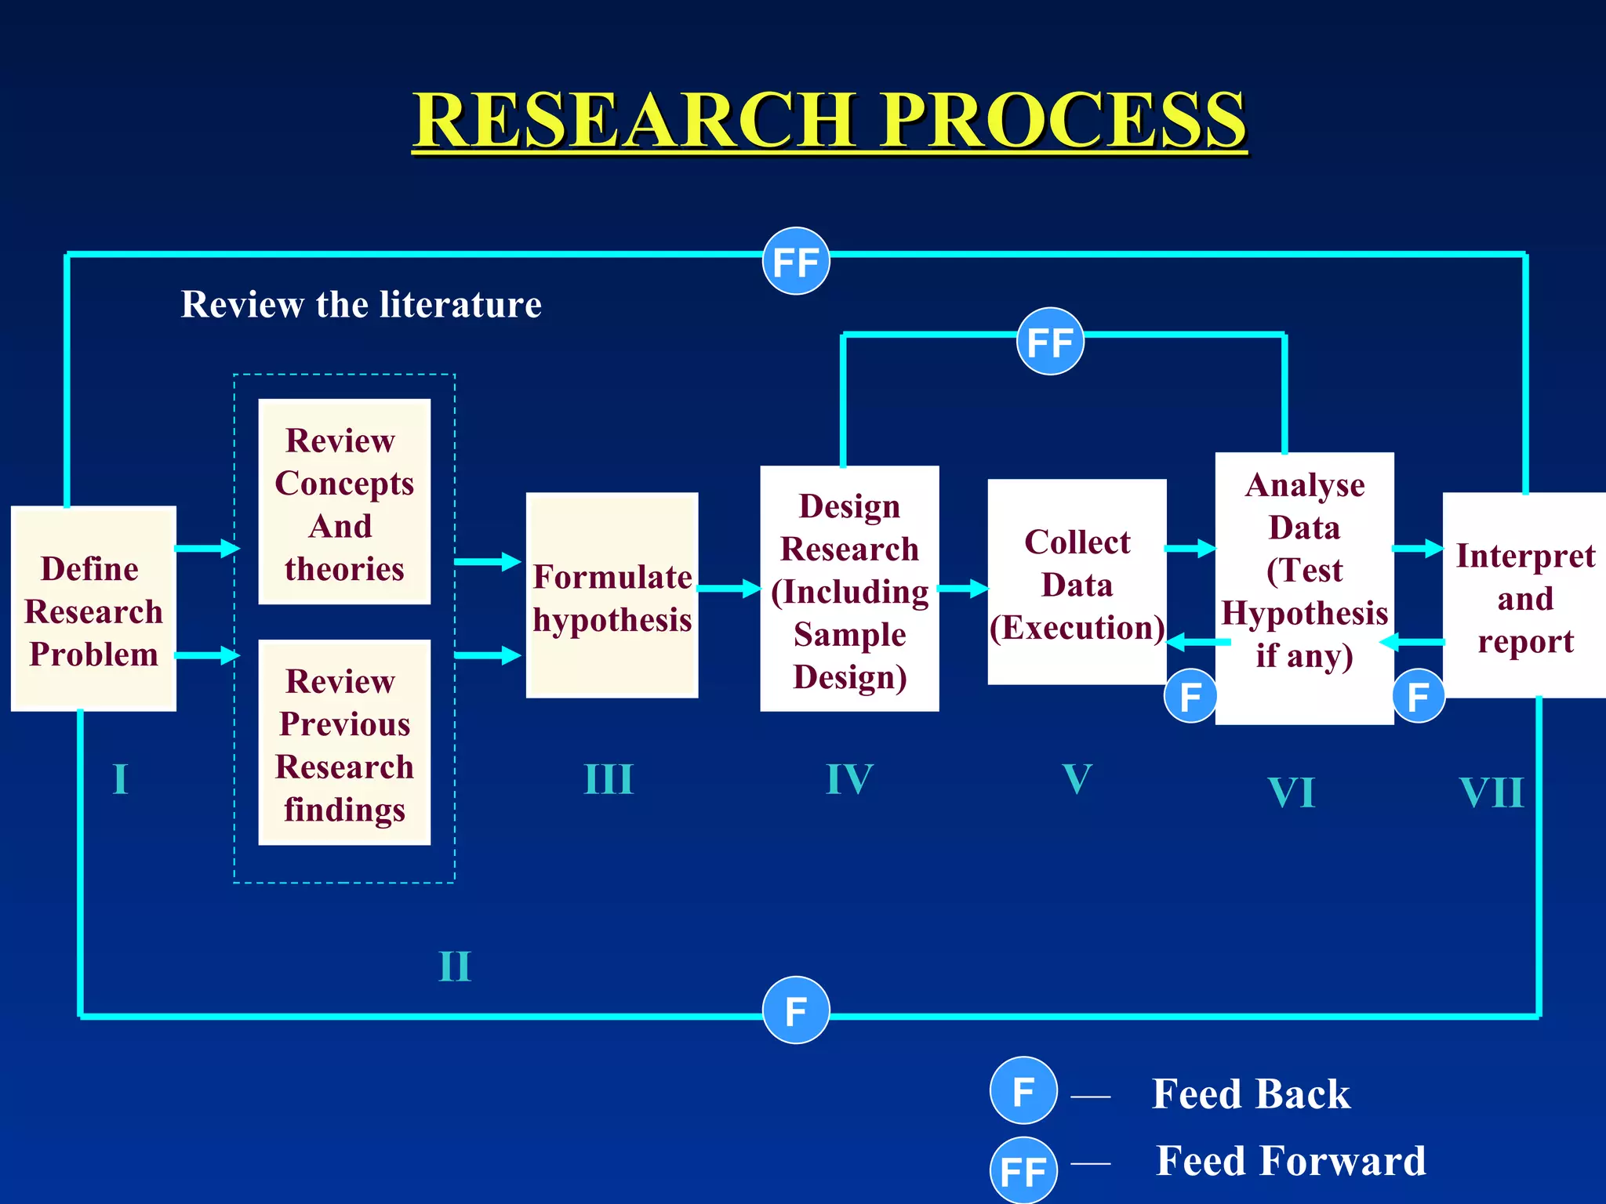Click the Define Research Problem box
click(93, 609)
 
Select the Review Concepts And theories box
click(344, 502)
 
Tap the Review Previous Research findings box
click(344, 743)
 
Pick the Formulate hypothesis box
click(612, 596)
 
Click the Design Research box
click(849, 589)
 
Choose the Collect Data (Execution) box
click(1077, 582)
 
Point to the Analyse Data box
click(1304, 588)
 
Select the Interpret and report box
click(1524, 596)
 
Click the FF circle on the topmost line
click(796, 262)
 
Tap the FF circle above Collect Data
click(1050, 342)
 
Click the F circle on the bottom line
click(796, 1010)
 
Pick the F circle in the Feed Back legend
click(1023, 1090)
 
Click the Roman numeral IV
click(849, 779)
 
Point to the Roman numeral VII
click(1492, 792)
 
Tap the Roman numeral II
click(455, 966)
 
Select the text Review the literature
click(362, 304)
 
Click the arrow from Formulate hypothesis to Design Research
click(729, 588)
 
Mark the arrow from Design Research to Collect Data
click(963, 588)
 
